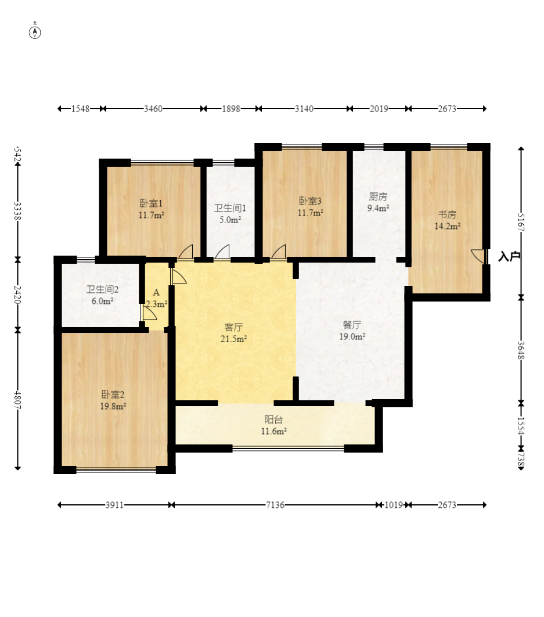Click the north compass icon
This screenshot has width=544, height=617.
click(x=35, y=31)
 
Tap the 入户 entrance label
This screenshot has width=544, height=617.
click(x=509, y=257)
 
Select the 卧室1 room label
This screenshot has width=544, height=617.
click(x=152, y=203)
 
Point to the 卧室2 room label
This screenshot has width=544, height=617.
click(x=113, y=394)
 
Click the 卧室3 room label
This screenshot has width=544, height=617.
click(x=311, y=201)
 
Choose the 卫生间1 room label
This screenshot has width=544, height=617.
click(x=230, y=208)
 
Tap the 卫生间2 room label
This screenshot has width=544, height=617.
click(x=103, y=289)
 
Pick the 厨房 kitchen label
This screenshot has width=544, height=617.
click(x=378, y=196)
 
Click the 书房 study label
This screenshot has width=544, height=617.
click(x=447, y=214)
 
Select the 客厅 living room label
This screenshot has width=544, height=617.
click(x=233, y=327)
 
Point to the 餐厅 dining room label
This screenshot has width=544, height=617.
click(x=352, y=325)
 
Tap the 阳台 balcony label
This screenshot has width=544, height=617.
click(x=273, y=419)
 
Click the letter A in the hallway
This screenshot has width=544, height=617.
click(x=156, y=292)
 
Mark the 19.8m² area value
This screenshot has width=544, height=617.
click(x=113, y=406)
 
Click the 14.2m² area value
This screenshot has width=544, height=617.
click(x=447, y=226)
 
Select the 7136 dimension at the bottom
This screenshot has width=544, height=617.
click(x=275, y=505)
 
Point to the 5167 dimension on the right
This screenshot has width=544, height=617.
click(x=521, y=223)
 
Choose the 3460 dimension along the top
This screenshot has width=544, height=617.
click(x=153, y=109)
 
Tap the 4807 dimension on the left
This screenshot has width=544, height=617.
click(x=17, y=399)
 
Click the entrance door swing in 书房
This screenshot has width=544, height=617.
click(x=478, y=256)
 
